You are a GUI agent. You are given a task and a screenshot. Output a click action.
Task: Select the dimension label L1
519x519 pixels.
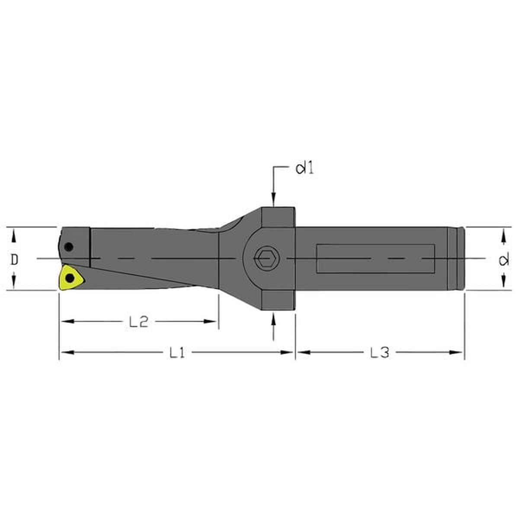177,352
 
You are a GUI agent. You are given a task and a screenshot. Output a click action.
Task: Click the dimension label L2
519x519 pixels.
138,322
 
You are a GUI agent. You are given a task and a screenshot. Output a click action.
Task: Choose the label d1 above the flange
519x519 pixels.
305,169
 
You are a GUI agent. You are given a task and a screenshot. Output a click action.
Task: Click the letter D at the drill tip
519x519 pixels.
15,259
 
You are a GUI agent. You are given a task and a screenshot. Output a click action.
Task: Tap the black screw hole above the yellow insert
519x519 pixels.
69,247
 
